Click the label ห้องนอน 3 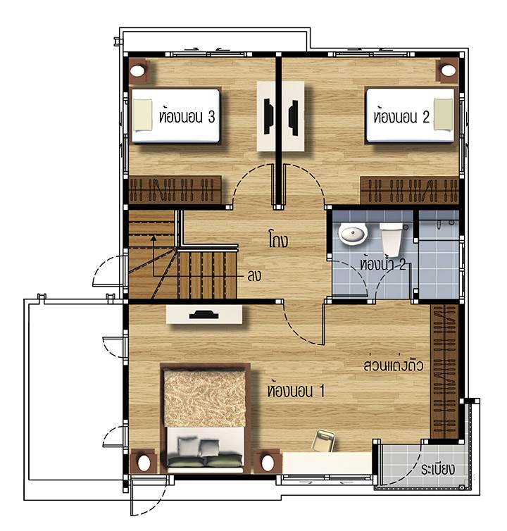pos(187,115)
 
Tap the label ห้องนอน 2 pos(401,115)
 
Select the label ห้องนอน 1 pos(296,390)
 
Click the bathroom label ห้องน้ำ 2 pos(382,263)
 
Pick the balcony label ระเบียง pos(437,469)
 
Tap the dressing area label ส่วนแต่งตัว pos(393,365)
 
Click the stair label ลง pos(254,276)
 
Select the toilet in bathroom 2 pos(391,239)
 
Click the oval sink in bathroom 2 pos(353,234)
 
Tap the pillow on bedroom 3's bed pos(142,115)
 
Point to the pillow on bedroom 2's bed pos(443,115)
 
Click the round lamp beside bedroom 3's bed pos(138,71)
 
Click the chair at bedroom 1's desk pos(323,440)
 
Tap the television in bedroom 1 pos(204,315)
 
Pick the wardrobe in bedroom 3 pos(175,190)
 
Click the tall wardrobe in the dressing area pos(444,372)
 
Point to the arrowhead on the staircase pos(154,238)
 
